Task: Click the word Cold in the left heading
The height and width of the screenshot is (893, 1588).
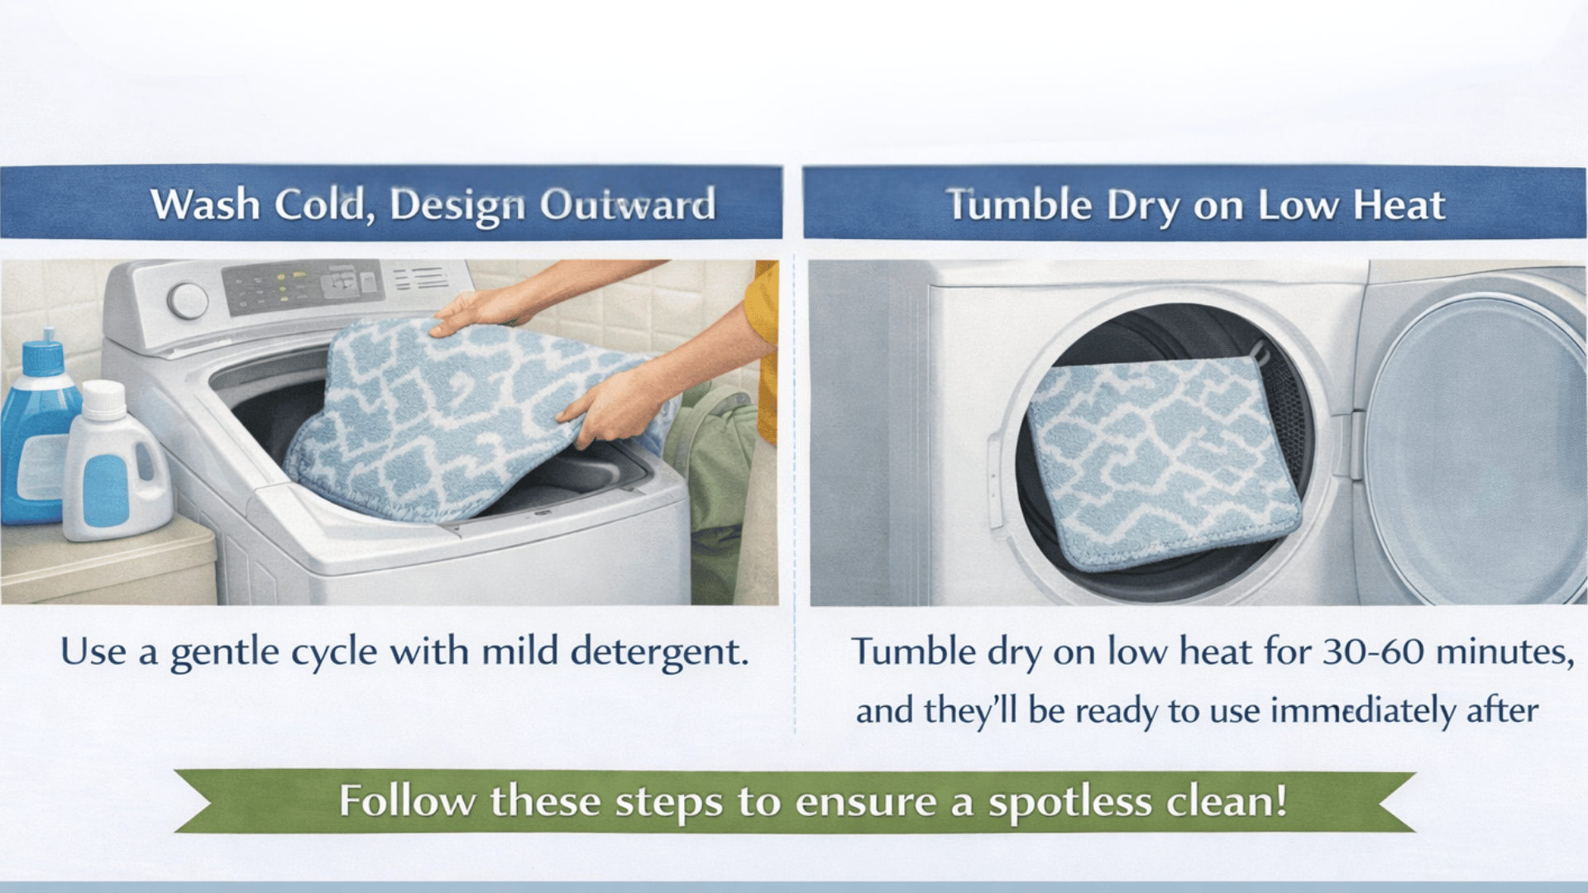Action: [318, 204]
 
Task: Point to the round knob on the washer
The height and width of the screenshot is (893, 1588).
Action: [189, 300]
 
